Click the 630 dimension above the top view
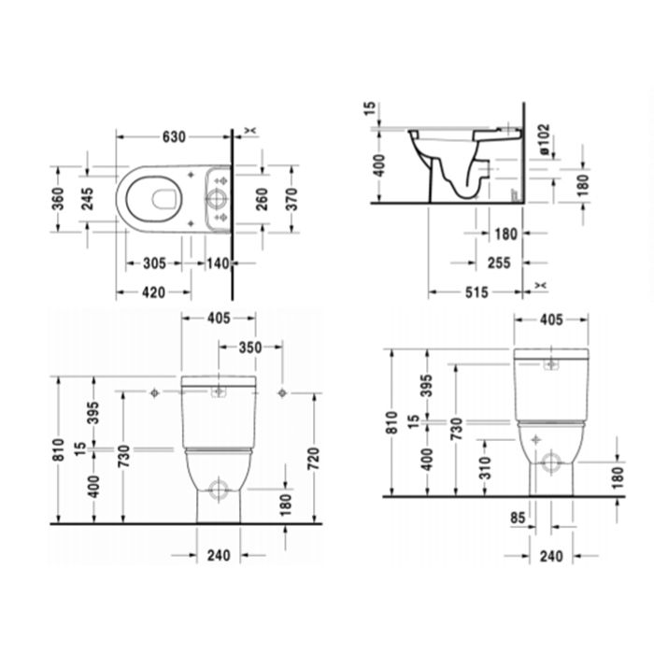coord(175,136)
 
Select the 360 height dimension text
coord(58,200)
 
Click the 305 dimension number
coord(154,264)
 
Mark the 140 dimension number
coord(218,264)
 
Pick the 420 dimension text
coord(154,292)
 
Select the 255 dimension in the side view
coord(500,264)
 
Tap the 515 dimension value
coord(476,293)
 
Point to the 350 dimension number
coord(249,348)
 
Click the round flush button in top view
coord(216,197)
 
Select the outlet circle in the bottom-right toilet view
coord(552,460)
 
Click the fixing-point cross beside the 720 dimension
coord(281,392)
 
